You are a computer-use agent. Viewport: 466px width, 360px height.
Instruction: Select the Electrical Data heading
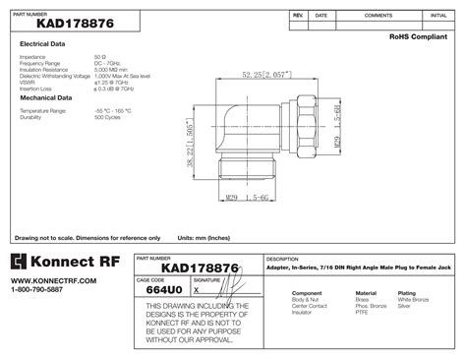[x=42, y=45]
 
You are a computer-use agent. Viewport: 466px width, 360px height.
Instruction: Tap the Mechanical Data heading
[x=45, y=98]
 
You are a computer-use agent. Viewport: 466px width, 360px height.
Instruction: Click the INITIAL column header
[x=437, y=17]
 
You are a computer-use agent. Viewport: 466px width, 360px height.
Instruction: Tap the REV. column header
[x=298, y=17]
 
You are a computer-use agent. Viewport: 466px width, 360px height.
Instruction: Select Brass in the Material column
[x=362, y=300]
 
